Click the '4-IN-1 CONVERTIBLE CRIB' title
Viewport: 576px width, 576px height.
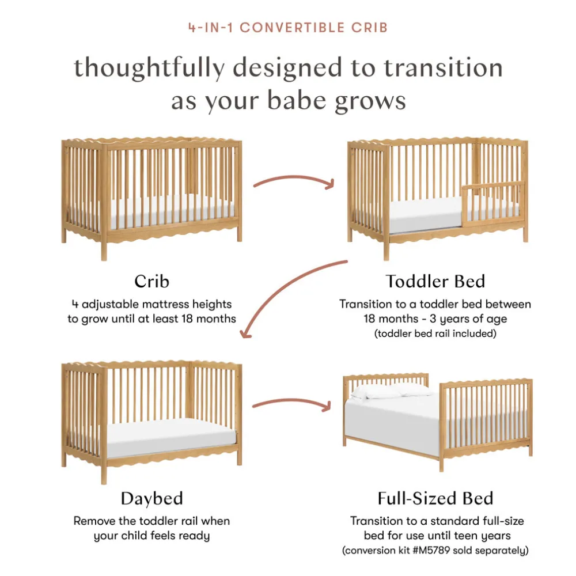point(288,28)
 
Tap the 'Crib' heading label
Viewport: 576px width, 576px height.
point(151,282)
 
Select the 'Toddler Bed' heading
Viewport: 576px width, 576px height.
point(435,282)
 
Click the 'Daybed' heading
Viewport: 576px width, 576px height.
point(151,498)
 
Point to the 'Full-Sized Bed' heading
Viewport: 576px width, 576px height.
point(435,498)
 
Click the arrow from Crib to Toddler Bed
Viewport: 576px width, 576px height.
point(294,178)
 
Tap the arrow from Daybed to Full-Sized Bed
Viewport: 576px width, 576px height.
point(292,401)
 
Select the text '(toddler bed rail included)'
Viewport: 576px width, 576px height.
point(435,334)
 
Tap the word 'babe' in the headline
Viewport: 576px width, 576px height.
point(297,100)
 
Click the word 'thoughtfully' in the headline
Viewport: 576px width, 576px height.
point(150,69)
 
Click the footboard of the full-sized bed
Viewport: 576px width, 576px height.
point(486,422)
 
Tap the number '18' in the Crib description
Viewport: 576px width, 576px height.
point(187,319)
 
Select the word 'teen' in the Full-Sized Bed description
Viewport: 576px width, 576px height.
point(468,536)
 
